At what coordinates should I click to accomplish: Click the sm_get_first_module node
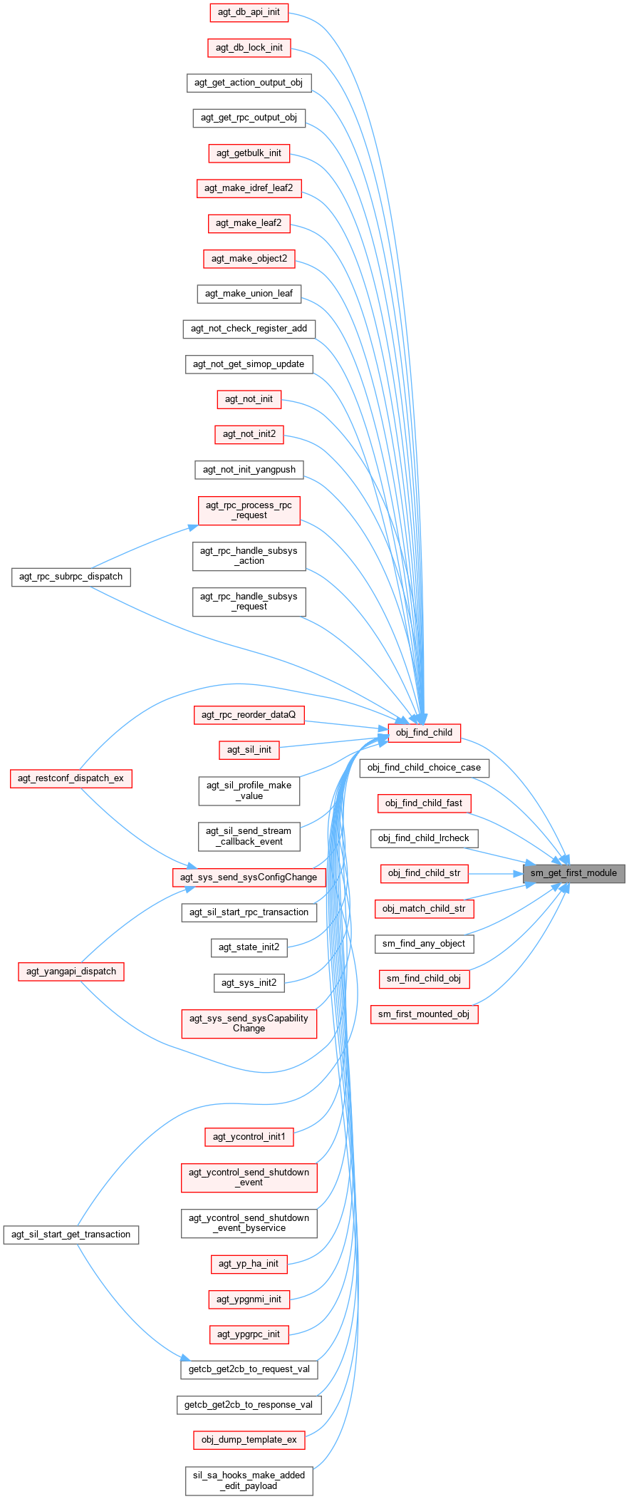(x=573, y=873)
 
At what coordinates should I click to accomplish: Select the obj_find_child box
(x=424, y=732)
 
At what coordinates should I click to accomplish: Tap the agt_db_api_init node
(x=249, y=12)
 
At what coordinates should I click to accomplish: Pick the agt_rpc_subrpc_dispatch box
(x=71, y=577)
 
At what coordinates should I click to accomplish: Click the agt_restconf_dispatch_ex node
(x=71, y=778)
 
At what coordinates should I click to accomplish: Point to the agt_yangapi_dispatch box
(x=71, y=972)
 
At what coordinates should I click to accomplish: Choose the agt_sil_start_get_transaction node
(x=71, y=1235)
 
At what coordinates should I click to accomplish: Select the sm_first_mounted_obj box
(x=424, y=1014)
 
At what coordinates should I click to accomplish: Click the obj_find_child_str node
(x=424, y=873)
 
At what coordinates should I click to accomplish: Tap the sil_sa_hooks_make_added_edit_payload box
(x=249, y=1480)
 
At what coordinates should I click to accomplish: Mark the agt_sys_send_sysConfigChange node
(x=249, y=877)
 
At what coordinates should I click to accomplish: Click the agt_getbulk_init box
(x=249, y=153)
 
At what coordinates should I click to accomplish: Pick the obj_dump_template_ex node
(x=249, y=1440)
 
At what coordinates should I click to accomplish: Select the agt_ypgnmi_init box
(x=249, y=1299)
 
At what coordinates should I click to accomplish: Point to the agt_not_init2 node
(x=249, y=434)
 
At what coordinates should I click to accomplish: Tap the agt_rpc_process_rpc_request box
(x=249, y=510)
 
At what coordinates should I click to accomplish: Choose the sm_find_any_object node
(x=424, y=944)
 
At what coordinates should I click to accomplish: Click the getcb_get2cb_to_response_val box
(x=249, y=1405)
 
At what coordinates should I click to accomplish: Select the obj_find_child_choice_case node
(x=425, y=768)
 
